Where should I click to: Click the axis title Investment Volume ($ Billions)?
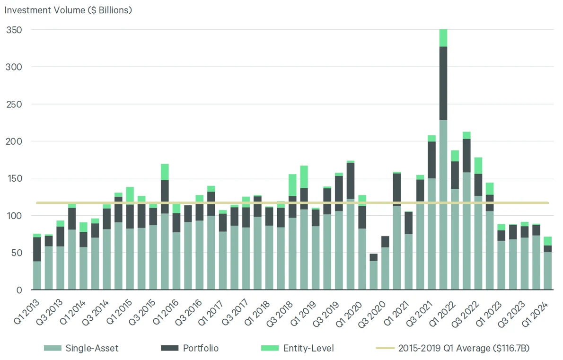pyautogui.click(x=68, y=10)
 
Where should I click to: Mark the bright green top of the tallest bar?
pyautogui.click(x=443, y=38)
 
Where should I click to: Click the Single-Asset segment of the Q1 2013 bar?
pyautogui.click(x=37, y=275)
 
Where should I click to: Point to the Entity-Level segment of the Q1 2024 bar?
pyautogui.click(x=547, y=241)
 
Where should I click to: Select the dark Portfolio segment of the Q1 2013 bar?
pyautogui.click(x=37, y=249)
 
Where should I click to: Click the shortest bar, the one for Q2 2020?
pyautogui.click(x=374, y=274)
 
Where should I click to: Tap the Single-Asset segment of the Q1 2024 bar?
pyautogui.click(x=547, y=271)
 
